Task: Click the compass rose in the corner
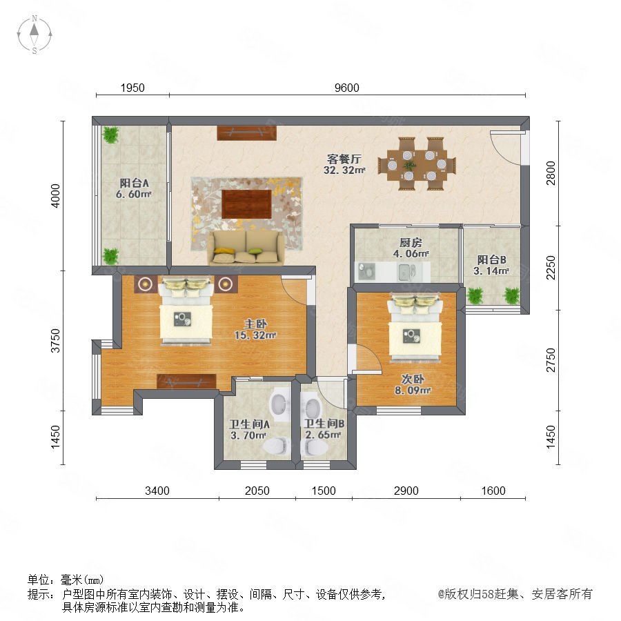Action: (34, 34)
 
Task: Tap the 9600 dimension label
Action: (346, 88)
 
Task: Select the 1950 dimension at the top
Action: (132, 88)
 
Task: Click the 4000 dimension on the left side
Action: (56, 196)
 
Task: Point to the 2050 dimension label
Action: (257, 491)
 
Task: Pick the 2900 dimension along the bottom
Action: (406, 491)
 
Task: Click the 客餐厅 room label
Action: (344, 159)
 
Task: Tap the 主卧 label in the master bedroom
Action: (255, 324)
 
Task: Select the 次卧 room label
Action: (413, 379)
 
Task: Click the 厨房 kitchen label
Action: (411, 242)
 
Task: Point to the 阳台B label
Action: (491, 260)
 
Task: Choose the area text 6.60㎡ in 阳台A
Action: (134, 194)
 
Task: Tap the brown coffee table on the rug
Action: (247, 204)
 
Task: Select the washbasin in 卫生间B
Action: (313, 406)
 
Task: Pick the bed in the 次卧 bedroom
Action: (415, 327)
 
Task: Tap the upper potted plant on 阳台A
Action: (110, 135)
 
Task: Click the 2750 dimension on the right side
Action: (551, 360)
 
